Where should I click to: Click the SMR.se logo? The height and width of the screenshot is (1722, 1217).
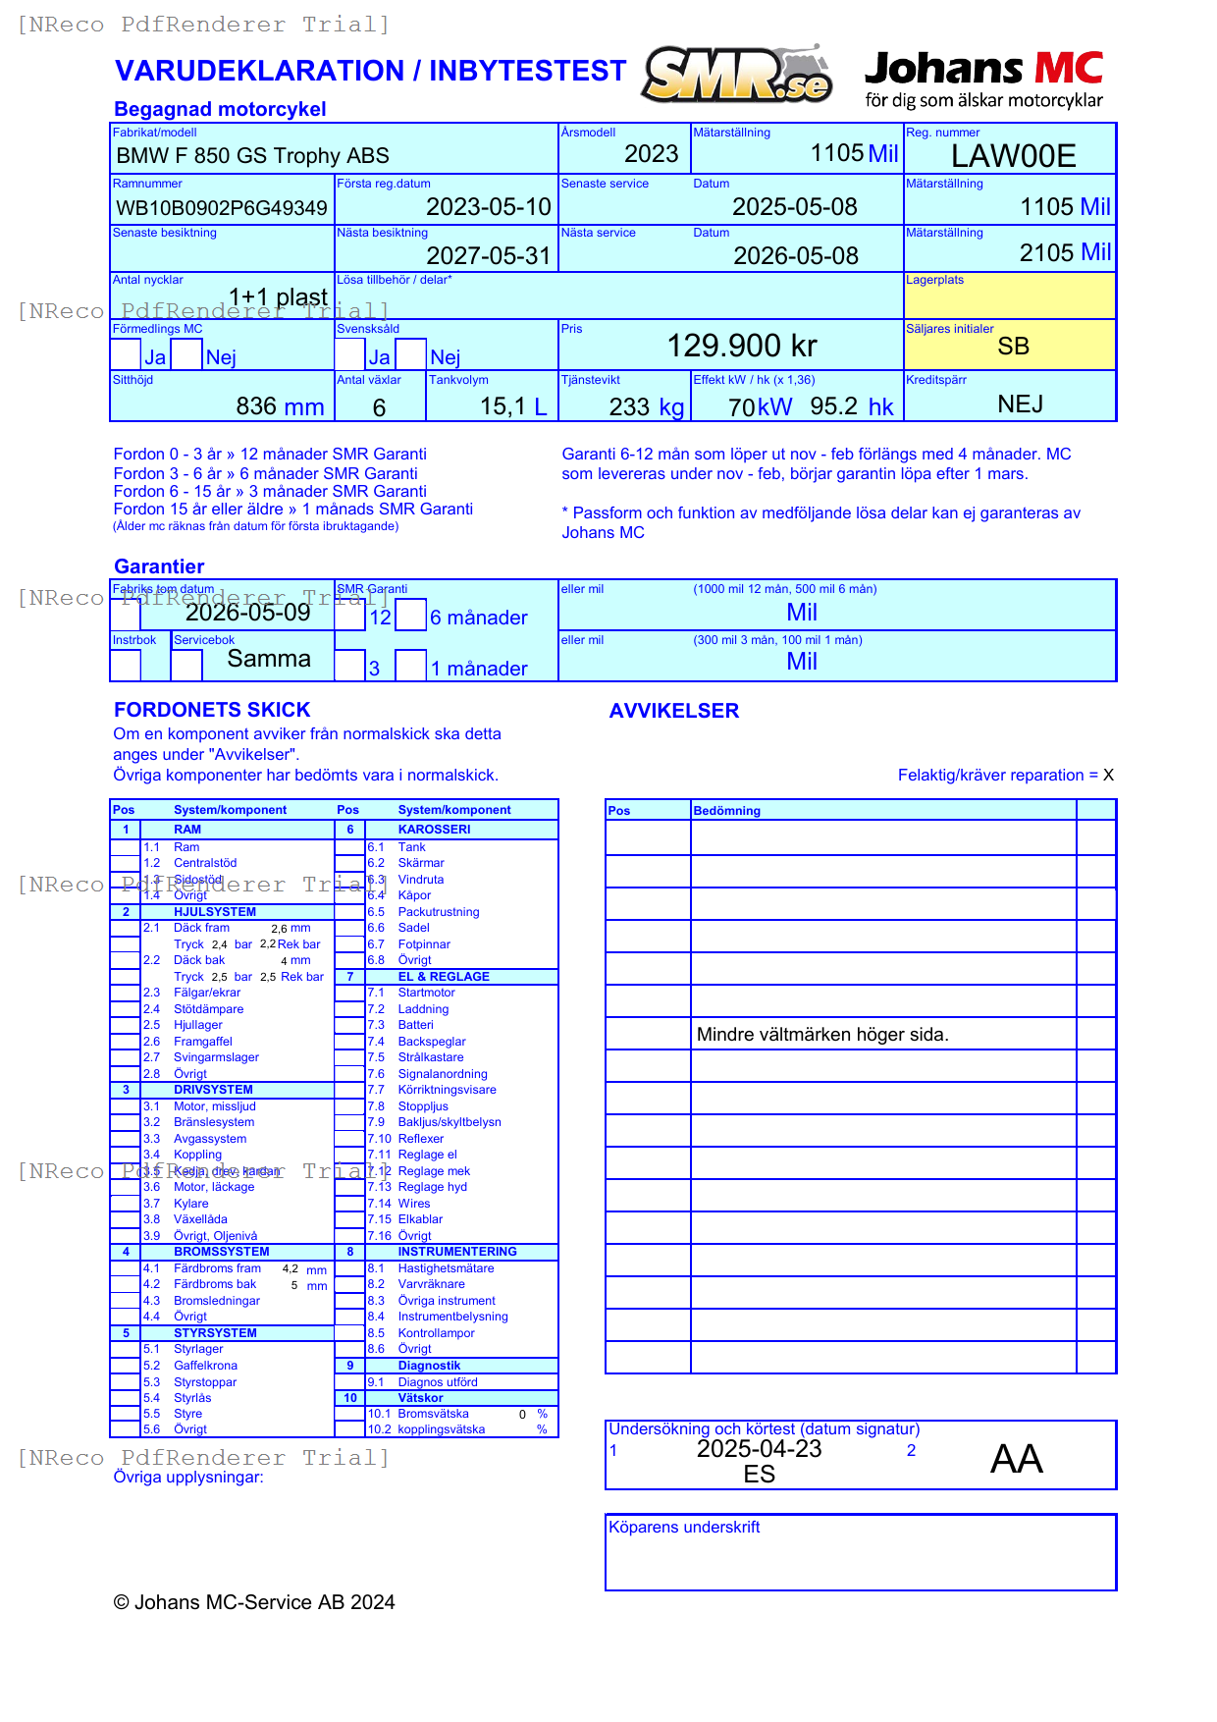click(x=737, y=75)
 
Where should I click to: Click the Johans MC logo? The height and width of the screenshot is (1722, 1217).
click(x=983, y=80)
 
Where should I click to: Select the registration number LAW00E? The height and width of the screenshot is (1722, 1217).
click(x=1013, y=156)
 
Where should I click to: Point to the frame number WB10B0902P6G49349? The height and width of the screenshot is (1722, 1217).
click(x=222, y=208)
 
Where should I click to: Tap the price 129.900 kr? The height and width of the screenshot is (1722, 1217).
click(x=741, y=346)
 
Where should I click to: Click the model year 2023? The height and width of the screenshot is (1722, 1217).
click(x=651, y=154)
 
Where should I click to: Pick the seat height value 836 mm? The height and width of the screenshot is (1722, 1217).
click(x=280, y=406)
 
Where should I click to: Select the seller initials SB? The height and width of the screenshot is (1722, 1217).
click(x=1013, y=347)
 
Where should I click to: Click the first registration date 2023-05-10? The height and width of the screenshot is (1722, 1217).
click(x=488, y=207)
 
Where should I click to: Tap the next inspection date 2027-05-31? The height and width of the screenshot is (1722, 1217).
click(x=488, y=256)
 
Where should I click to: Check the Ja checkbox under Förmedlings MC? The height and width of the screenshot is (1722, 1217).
click(x=126, y=353)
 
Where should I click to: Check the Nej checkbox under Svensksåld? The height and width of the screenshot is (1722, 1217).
click(x=411, y=353)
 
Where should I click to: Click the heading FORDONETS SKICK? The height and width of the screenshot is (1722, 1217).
click(x=212, y=710)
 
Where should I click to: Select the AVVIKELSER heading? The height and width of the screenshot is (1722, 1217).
click(x=673, y=711)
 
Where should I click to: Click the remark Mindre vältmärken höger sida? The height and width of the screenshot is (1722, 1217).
click(x=821, y=1035)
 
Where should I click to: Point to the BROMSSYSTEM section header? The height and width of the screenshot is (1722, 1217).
click(x=221, y=1252)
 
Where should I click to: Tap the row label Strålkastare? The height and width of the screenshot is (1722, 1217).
click(x=430, y=1057)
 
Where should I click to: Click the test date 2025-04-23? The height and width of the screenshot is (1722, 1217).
click(x=759, y=1449)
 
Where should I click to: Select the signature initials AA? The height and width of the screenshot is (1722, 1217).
click(x=1016, y=1459)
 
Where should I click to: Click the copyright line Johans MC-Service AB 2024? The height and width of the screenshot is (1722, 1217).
click(x=254, y=1602)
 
